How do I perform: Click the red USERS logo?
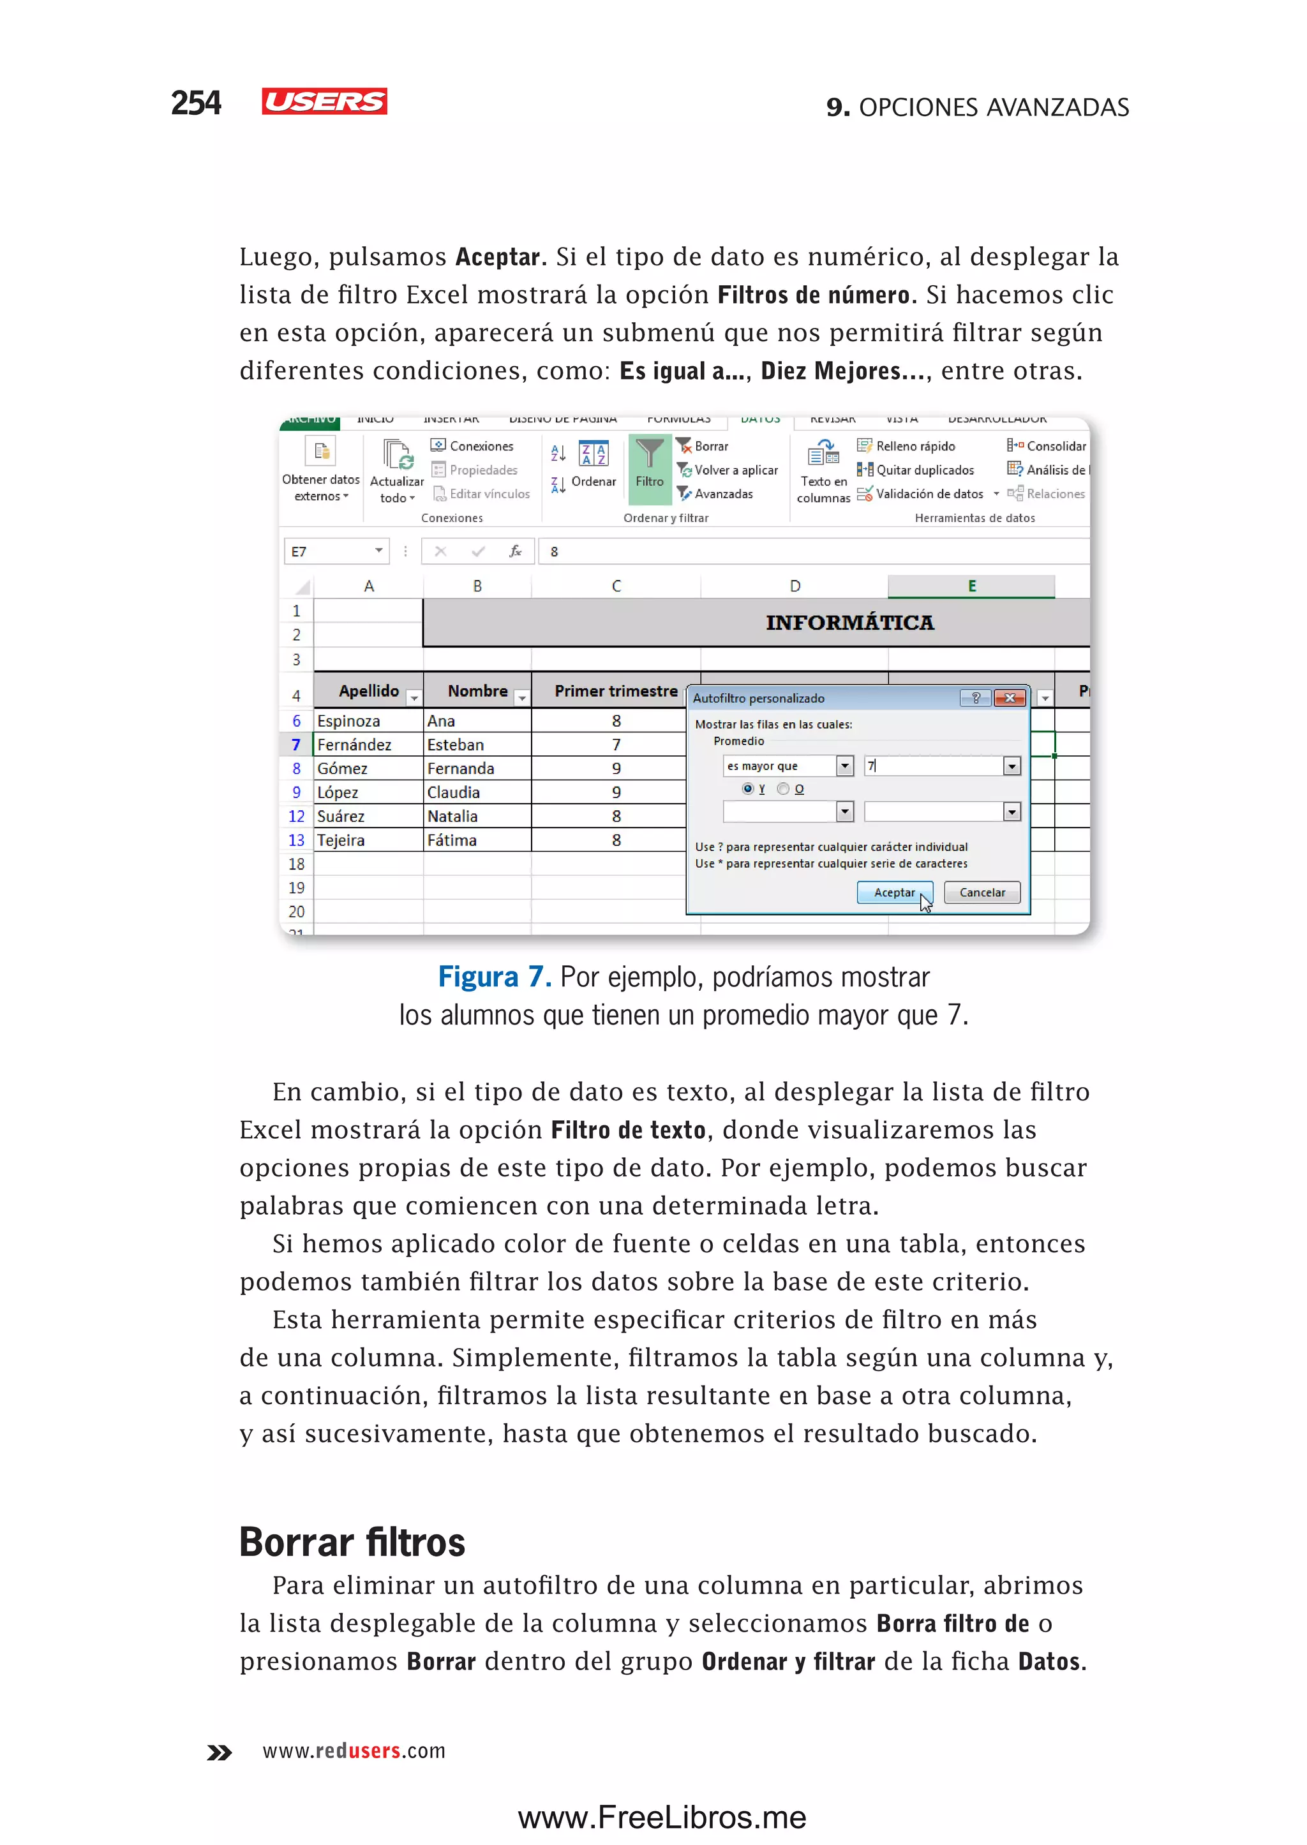pyautogui.click(x=324, y=101)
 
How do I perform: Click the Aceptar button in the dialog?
pyautogui.click(x=893, y=893)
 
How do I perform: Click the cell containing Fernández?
pyautogui.click(x=354, y=745)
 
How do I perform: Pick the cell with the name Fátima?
pyautogui.click(x=452, y=840)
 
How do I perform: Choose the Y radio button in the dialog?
pyautogui.click(x=748, y=789)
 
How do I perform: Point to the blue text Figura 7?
pyautogui.click(x=494, y=977)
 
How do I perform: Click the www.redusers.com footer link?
pyautogui.click(x=354, y=1751)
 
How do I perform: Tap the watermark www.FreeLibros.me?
pyautogui.click(x=662, y=1818)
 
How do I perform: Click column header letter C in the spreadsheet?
pyautogui.click(x=616, y=586)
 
